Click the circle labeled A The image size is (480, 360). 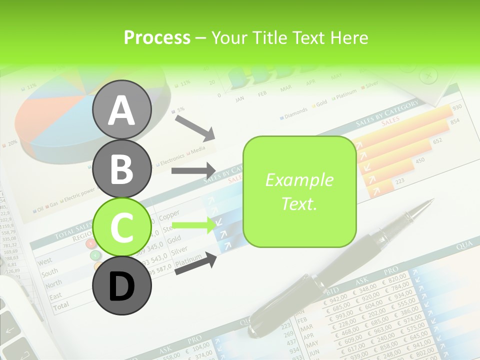pos(121,110)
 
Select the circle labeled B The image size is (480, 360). pos(121,168)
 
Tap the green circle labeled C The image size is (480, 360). pos(121,227)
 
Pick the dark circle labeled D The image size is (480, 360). pos(121,285)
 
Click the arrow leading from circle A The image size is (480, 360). pos(195,127)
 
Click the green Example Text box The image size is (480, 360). pos(299,191)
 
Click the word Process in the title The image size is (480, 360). pos(157,37)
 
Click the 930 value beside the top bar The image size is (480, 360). pos(456,107)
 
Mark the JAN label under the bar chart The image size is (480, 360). pos(239,98)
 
